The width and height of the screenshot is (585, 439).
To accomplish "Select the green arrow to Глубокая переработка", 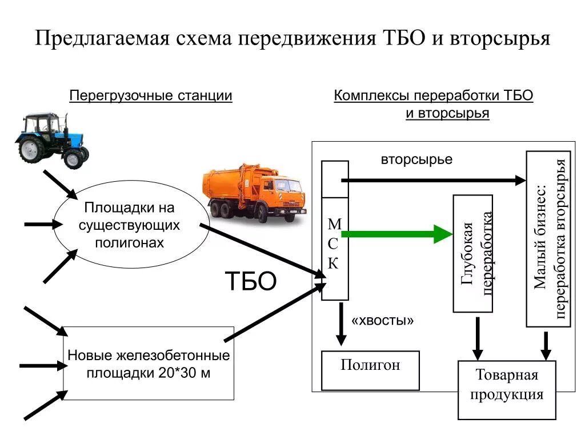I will point(400,234).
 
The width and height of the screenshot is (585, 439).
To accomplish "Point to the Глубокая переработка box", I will point(473,254).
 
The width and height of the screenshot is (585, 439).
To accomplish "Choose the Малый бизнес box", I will point(548,239).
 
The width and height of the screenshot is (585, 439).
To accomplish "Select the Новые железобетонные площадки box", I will point(149,364).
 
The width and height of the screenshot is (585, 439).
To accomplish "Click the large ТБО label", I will point(251,281).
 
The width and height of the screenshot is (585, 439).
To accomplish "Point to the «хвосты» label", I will point(382,321).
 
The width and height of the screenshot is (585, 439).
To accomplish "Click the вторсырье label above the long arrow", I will point(416,159).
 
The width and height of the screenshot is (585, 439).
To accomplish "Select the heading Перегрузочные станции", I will point(151,95).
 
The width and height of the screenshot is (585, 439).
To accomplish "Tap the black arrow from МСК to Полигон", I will point(341,324).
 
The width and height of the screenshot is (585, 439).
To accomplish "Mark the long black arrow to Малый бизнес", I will point(434,180).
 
